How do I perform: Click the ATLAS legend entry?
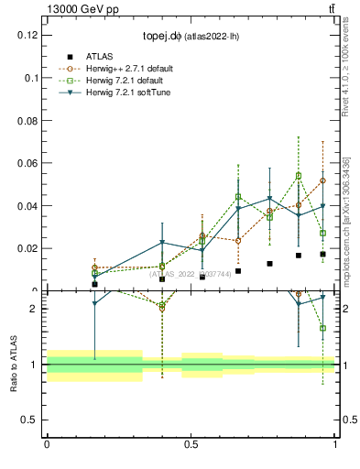point(99,56)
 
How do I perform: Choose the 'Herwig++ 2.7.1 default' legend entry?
point(129,68)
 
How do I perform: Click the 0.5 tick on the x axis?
point(191,444)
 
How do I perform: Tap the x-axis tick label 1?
point(335,444)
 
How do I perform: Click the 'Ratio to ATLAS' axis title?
point(14,364)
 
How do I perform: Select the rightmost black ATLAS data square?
point(322,254)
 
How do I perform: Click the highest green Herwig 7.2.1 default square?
point(299,176)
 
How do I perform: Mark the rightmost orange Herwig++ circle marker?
point(322,180)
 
